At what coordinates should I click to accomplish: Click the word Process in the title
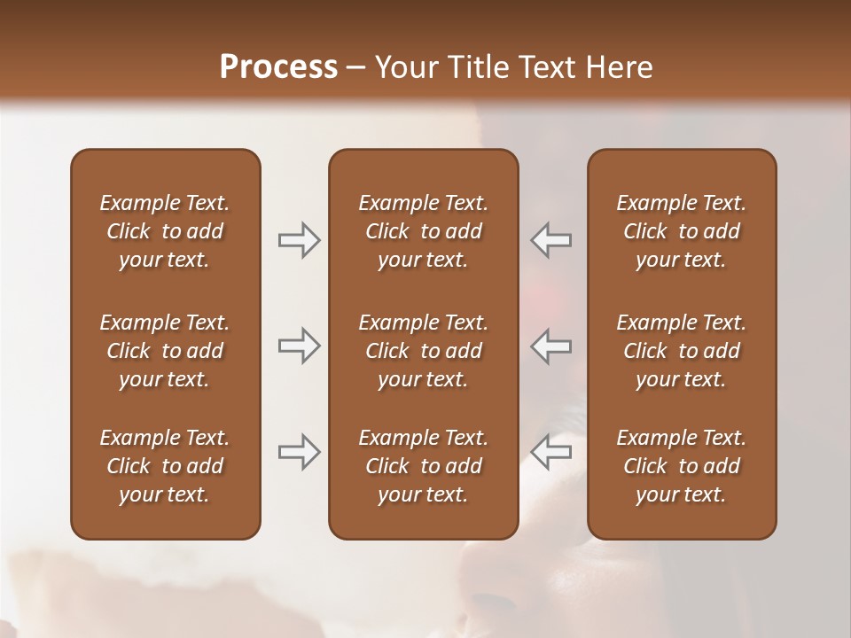(278, 67)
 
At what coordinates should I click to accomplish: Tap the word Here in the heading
(617, 67)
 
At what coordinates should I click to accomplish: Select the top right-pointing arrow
(299, 240)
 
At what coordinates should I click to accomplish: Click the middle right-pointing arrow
(299, 346)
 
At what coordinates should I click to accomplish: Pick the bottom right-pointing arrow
(299, 451)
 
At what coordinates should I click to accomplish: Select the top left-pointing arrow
(551, 240)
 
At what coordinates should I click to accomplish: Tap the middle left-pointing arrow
(551, 346)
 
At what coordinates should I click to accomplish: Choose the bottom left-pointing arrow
(551, 451)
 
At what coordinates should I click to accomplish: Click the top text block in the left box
(165, 231)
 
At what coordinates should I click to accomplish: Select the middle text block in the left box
(165, 351)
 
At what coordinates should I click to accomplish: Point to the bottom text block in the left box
(165, 466)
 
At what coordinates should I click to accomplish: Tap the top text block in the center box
(423, 231)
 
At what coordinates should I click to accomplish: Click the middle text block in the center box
(423, 351)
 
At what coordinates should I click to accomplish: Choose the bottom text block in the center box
(423, 466)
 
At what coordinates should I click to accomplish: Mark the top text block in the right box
(681, 231)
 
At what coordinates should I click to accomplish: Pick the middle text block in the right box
(681, 351)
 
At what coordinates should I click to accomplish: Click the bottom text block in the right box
(681, 466)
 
